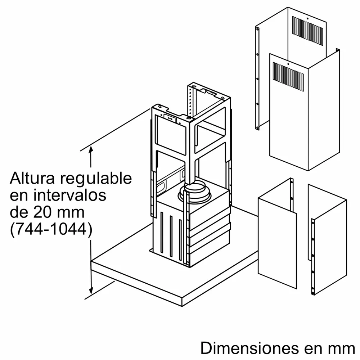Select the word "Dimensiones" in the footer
(248, 348)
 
